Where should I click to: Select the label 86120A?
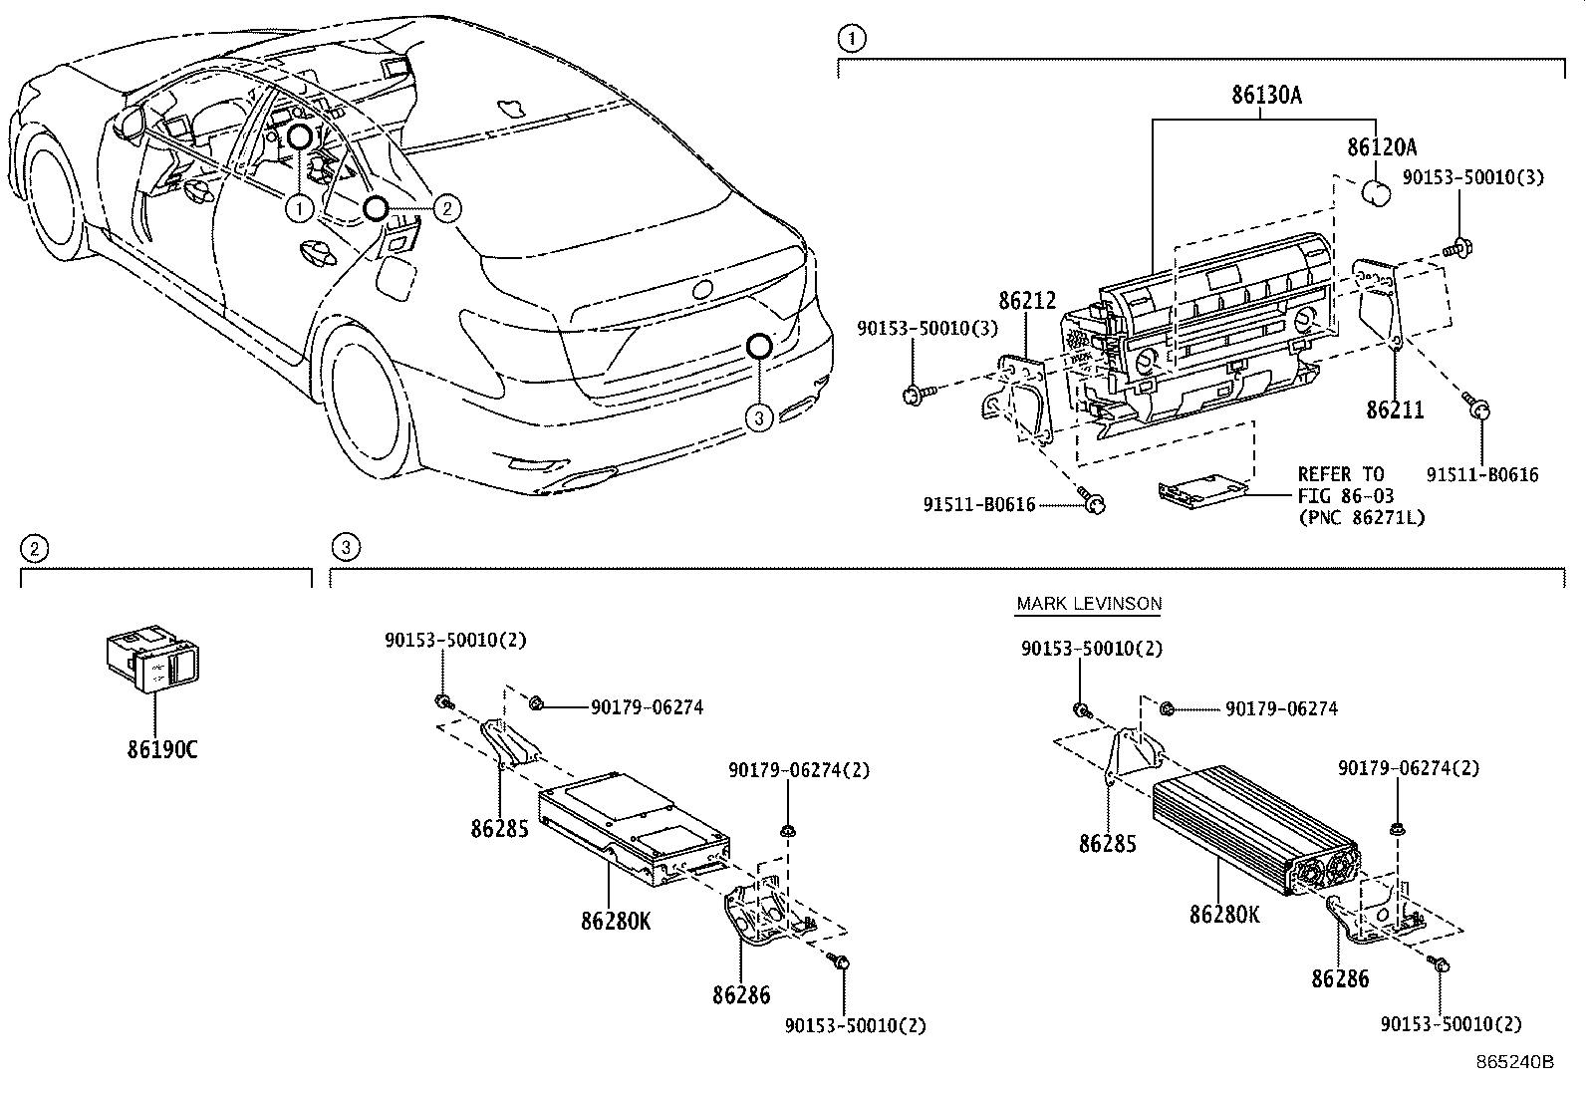pos(1381,148)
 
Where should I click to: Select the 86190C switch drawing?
pos(152,658)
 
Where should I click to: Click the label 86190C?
pos(161,749)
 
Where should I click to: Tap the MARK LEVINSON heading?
pos(1088,604)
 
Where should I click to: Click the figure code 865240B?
pos(1514,1062)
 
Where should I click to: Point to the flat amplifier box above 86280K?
pos(634,823)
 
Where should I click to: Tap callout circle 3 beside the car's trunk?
pos(759,418)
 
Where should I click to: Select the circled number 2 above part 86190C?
pos(34,548)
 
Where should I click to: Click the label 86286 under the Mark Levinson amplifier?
pos(1340,979)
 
